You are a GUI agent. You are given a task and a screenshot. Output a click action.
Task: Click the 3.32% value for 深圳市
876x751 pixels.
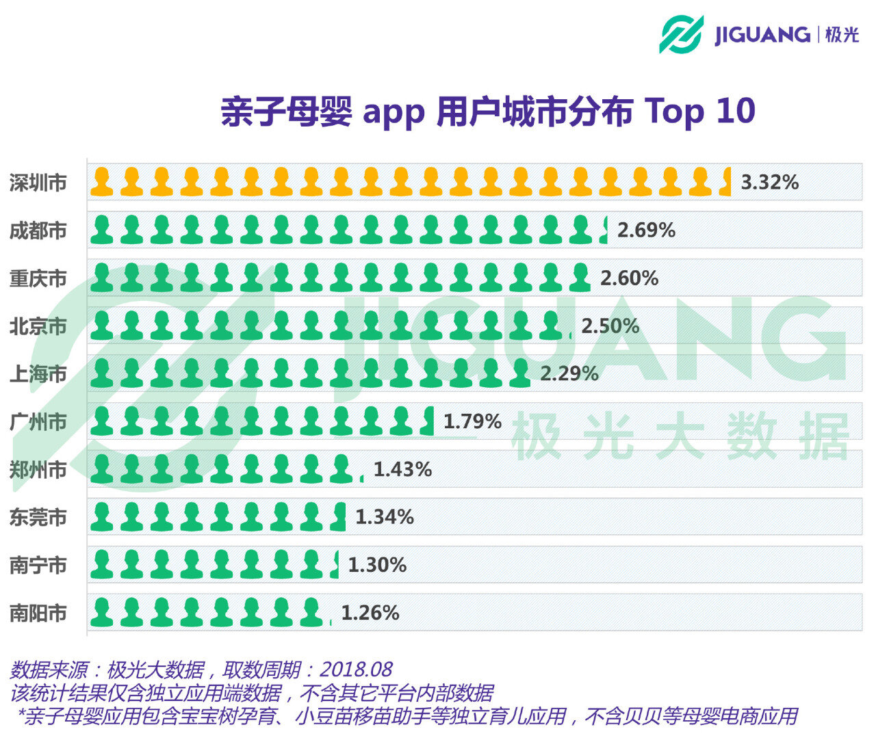point(769,183)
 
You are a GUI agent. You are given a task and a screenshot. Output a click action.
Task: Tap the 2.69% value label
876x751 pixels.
point(646,230)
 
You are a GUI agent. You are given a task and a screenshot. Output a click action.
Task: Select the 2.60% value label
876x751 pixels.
point(629,278)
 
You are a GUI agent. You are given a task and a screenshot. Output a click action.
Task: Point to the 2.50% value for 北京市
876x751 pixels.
point(610,326)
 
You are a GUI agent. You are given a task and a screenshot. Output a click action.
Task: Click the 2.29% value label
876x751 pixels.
point(569,374)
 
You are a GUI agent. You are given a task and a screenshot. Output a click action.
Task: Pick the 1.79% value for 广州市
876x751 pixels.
point(472,421)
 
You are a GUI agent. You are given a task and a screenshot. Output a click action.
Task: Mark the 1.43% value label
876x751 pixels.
point(402,469)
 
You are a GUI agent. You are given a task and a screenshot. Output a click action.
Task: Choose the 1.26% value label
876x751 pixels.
point(370,613)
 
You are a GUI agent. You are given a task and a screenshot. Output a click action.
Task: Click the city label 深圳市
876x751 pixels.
point(38,183)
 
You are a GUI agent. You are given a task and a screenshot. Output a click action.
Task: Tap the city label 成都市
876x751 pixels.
point(38,231)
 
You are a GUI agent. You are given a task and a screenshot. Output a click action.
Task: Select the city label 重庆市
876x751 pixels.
point(38,279)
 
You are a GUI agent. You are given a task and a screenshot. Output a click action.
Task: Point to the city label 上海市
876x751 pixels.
point(38,374)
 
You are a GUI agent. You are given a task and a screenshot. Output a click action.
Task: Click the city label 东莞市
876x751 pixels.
point(38,518)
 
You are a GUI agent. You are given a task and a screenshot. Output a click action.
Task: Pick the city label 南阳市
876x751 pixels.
point(38,614)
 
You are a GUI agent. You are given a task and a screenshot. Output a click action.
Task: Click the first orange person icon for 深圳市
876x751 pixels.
point(102,182)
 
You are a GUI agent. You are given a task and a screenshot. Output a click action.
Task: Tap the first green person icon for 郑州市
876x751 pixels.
point(102,469)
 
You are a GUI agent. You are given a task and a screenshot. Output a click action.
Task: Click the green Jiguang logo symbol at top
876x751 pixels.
point(681,34)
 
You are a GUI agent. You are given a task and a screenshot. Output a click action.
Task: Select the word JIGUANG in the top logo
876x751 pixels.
point(762,34)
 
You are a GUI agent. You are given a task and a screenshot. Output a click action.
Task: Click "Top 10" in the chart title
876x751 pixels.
point(699,111)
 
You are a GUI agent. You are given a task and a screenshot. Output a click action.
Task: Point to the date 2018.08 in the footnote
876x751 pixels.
point(356,669)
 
